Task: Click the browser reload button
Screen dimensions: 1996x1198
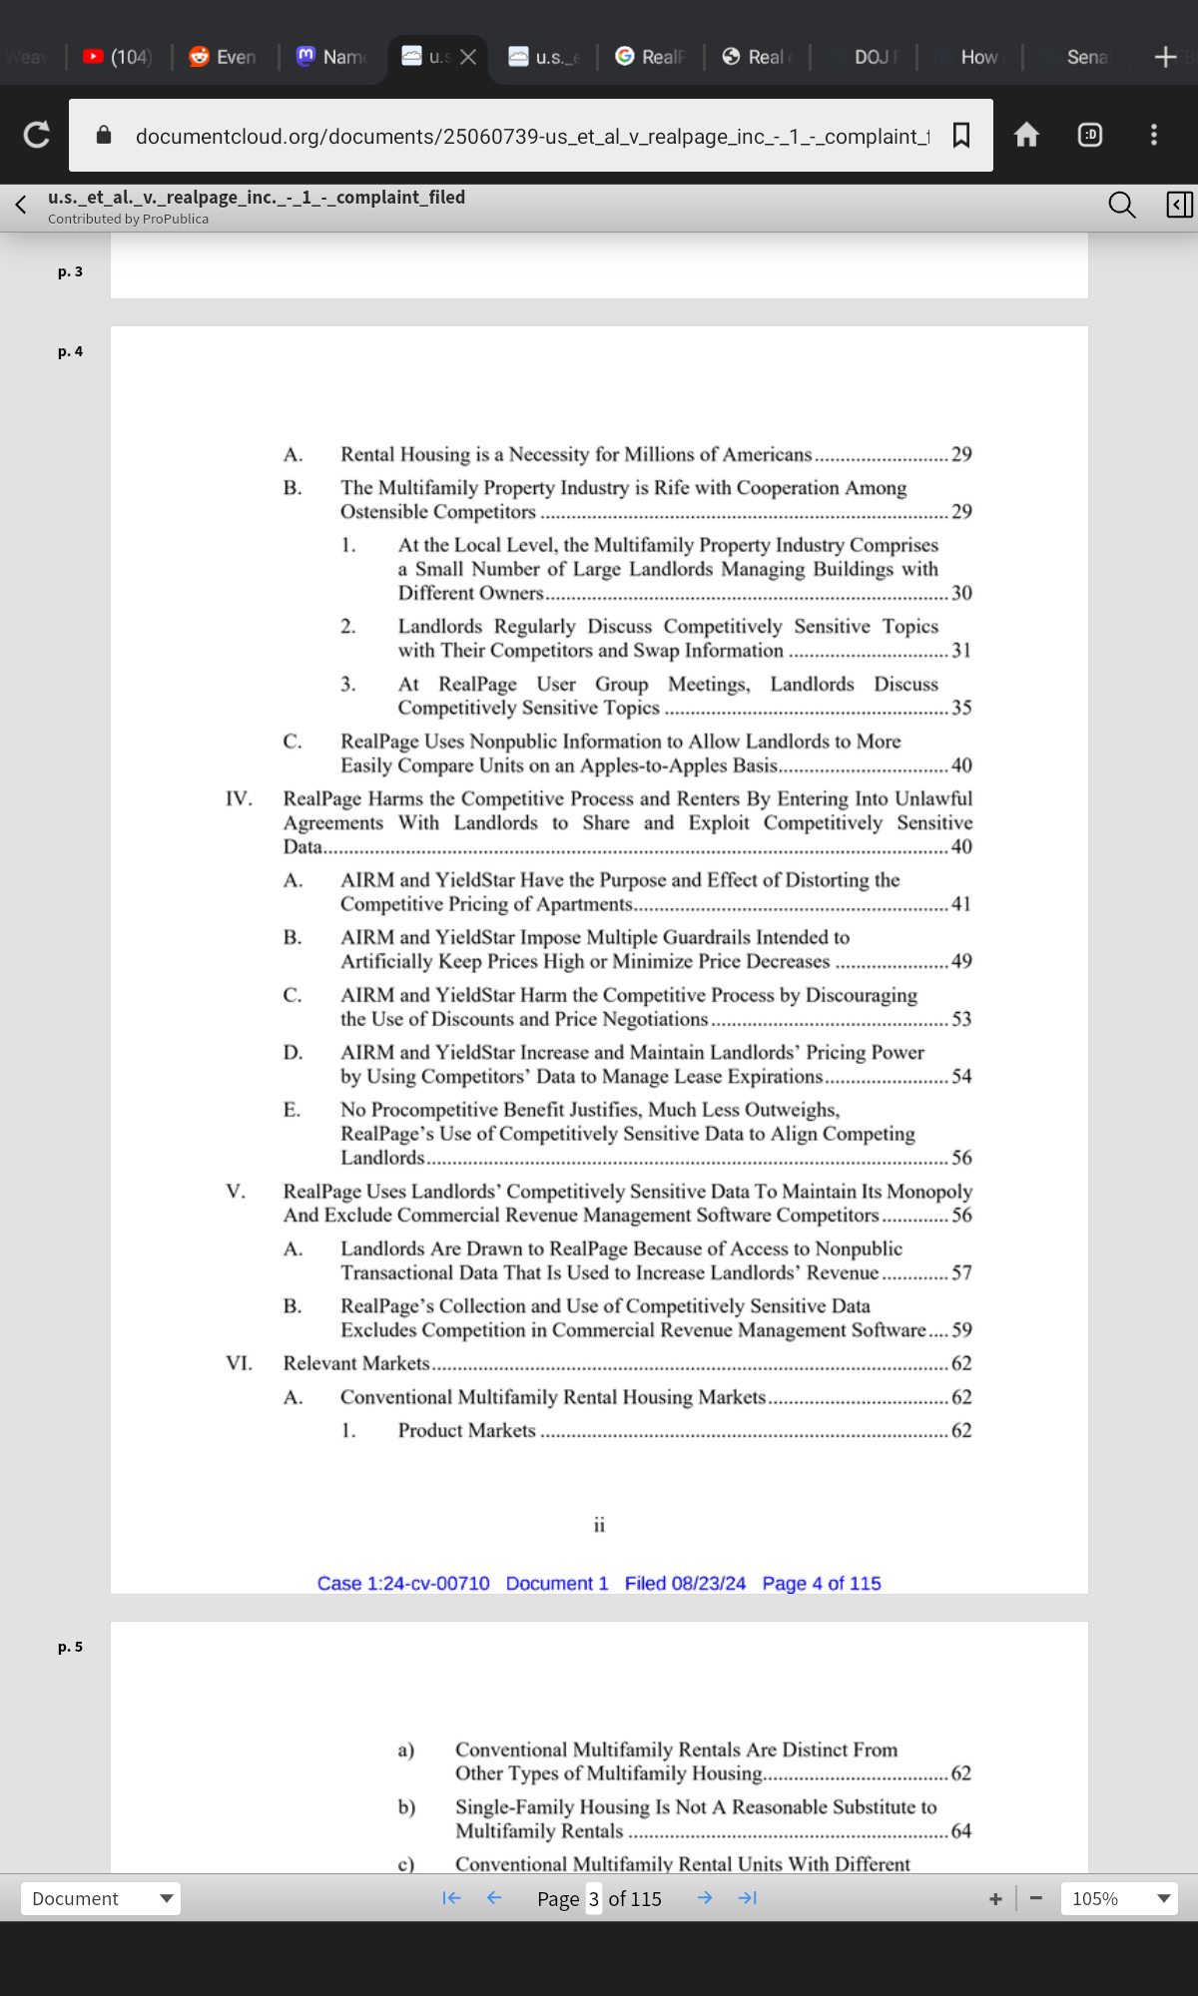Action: (37, 135)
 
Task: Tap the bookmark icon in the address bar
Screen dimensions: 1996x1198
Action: (961, 135)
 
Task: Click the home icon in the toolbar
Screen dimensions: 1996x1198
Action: (1026, 135)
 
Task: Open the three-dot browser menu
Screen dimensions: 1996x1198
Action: (1154, 135)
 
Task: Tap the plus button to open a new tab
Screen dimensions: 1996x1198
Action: (1165, 57)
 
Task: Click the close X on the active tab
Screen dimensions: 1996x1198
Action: (468, 57)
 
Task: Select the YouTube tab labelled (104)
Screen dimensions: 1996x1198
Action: (119, 57)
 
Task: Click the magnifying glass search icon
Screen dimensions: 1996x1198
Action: (1122, 205)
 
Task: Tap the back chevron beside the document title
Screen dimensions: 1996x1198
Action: (21, 205)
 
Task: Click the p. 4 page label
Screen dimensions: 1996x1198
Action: (70, 351)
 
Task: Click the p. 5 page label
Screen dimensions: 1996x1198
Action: (70, 1647)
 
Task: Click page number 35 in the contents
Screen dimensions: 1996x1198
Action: (961, 708)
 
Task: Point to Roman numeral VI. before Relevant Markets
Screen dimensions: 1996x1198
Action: (239, 1363)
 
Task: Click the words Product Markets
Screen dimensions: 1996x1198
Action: (466, 1430)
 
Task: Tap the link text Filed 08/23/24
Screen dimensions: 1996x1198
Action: (685, 1583)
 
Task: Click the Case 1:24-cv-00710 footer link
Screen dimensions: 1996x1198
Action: (403, 1583)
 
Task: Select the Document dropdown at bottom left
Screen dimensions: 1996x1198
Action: (101, 1898)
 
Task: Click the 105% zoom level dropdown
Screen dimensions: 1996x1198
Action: (1119, 1898)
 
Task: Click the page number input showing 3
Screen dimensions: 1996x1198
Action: (594, 1898)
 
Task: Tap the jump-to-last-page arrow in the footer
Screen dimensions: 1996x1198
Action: (748, 1898)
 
